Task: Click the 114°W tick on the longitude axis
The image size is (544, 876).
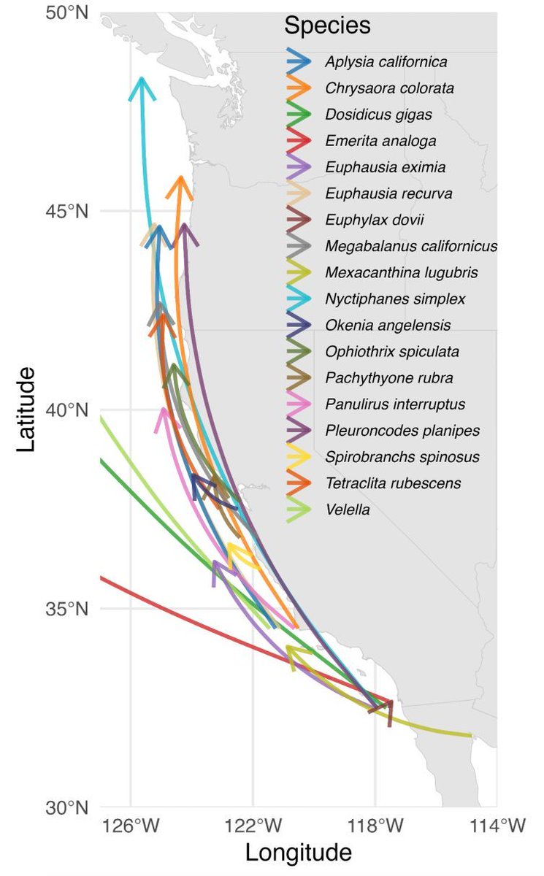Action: pyautogui.click(x=497, y=829)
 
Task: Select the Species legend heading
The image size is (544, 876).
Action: pyautogui.click(x=327, y=26)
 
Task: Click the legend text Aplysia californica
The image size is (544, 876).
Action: pyautogui.click(x=386, y=62)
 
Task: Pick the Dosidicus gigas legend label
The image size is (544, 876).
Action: pyautogui.click(x=378, y=115)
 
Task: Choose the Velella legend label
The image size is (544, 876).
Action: pyautogui.click(x=348, y=510)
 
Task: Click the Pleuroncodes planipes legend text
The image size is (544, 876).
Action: pyautogui.click(x=402, y=431)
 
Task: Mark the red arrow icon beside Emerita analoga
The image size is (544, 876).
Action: pyautogui.click(x=299, y=141)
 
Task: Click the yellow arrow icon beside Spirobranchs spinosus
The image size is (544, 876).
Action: pyautogui.click(x=299, y=457)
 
